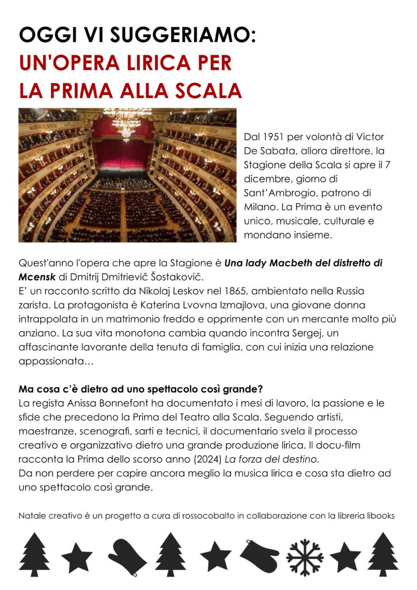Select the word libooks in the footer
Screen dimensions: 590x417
point(380,516)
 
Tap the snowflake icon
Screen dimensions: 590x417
point(305,557)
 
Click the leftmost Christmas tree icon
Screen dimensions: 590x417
point(36,554)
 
